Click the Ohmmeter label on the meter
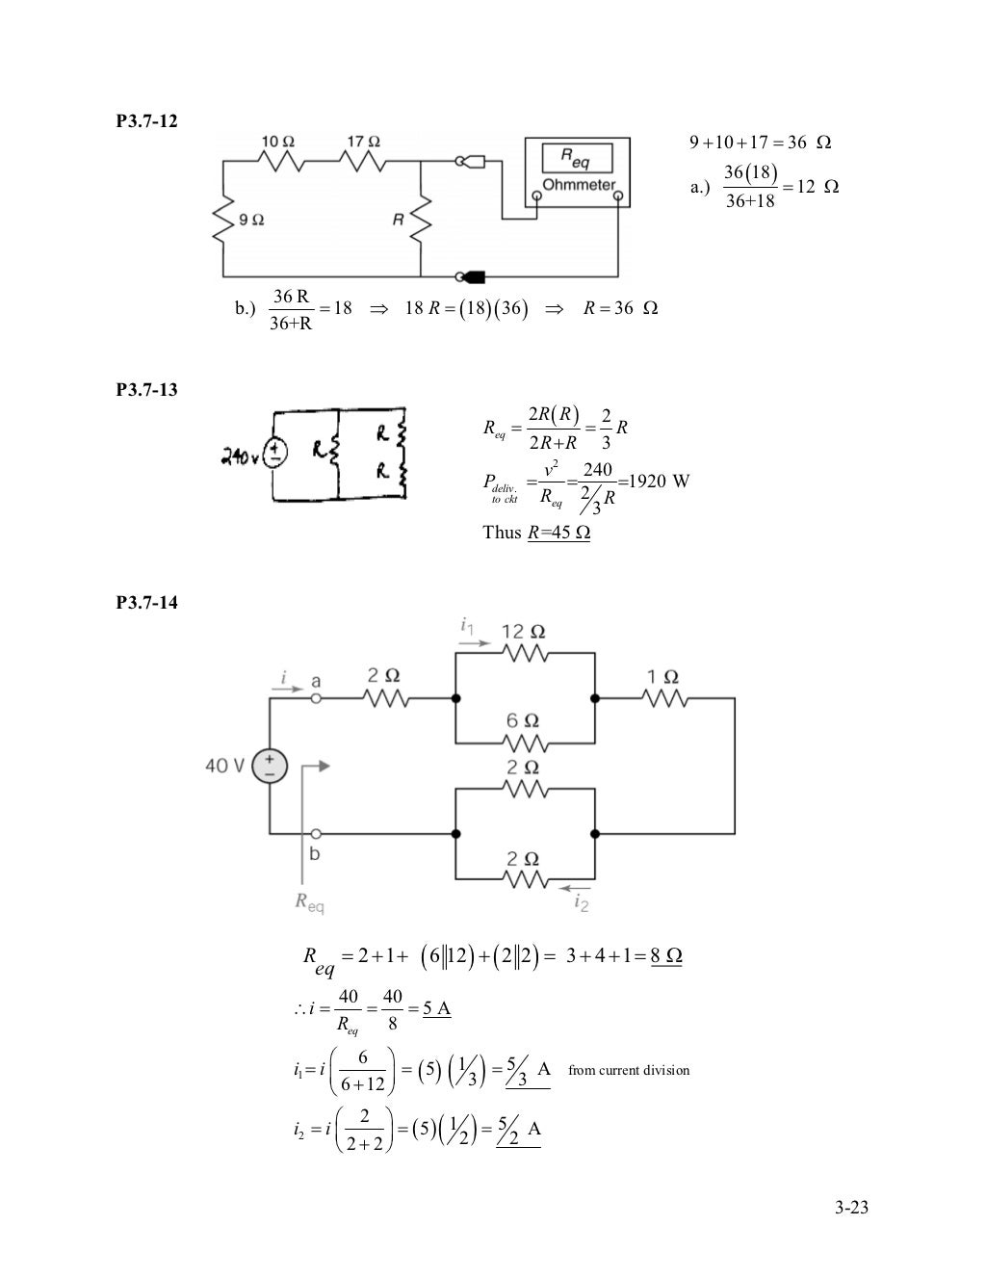point(579,185)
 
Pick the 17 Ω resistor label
point(363,142)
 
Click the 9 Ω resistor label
point(252,220)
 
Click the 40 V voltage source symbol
point(269,767)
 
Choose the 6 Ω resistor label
point(524,720)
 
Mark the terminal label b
point(315,854)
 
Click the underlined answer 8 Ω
point(666,955)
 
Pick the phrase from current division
point(629,1070)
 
